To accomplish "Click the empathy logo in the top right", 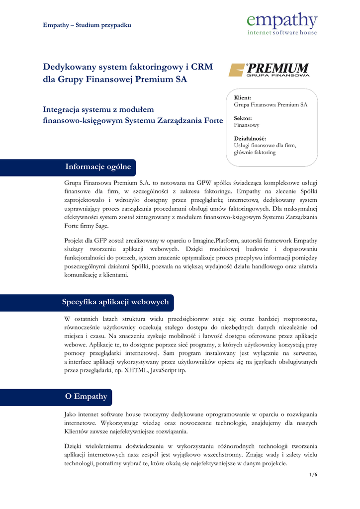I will tap(282, 23).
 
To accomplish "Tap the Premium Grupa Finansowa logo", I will tap(269, 70).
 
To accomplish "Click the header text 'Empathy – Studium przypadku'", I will tap(87, 25).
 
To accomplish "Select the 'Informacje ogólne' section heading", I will tap(98, 167).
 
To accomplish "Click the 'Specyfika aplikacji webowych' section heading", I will tap(115, 302).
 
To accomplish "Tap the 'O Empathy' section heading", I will tap(86, 397).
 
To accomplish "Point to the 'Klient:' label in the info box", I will tap(242, 98).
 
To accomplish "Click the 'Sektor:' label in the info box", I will tap(243, 118).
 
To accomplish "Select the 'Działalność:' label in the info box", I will tap(250, 139).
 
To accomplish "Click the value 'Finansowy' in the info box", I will tap(247, 125).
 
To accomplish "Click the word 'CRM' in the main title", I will tap(202, 67).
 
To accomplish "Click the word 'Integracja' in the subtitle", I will tap(64, 109).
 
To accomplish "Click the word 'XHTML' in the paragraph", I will tap(137, 371).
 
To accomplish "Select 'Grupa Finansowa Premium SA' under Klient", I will tap(270, 105).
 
